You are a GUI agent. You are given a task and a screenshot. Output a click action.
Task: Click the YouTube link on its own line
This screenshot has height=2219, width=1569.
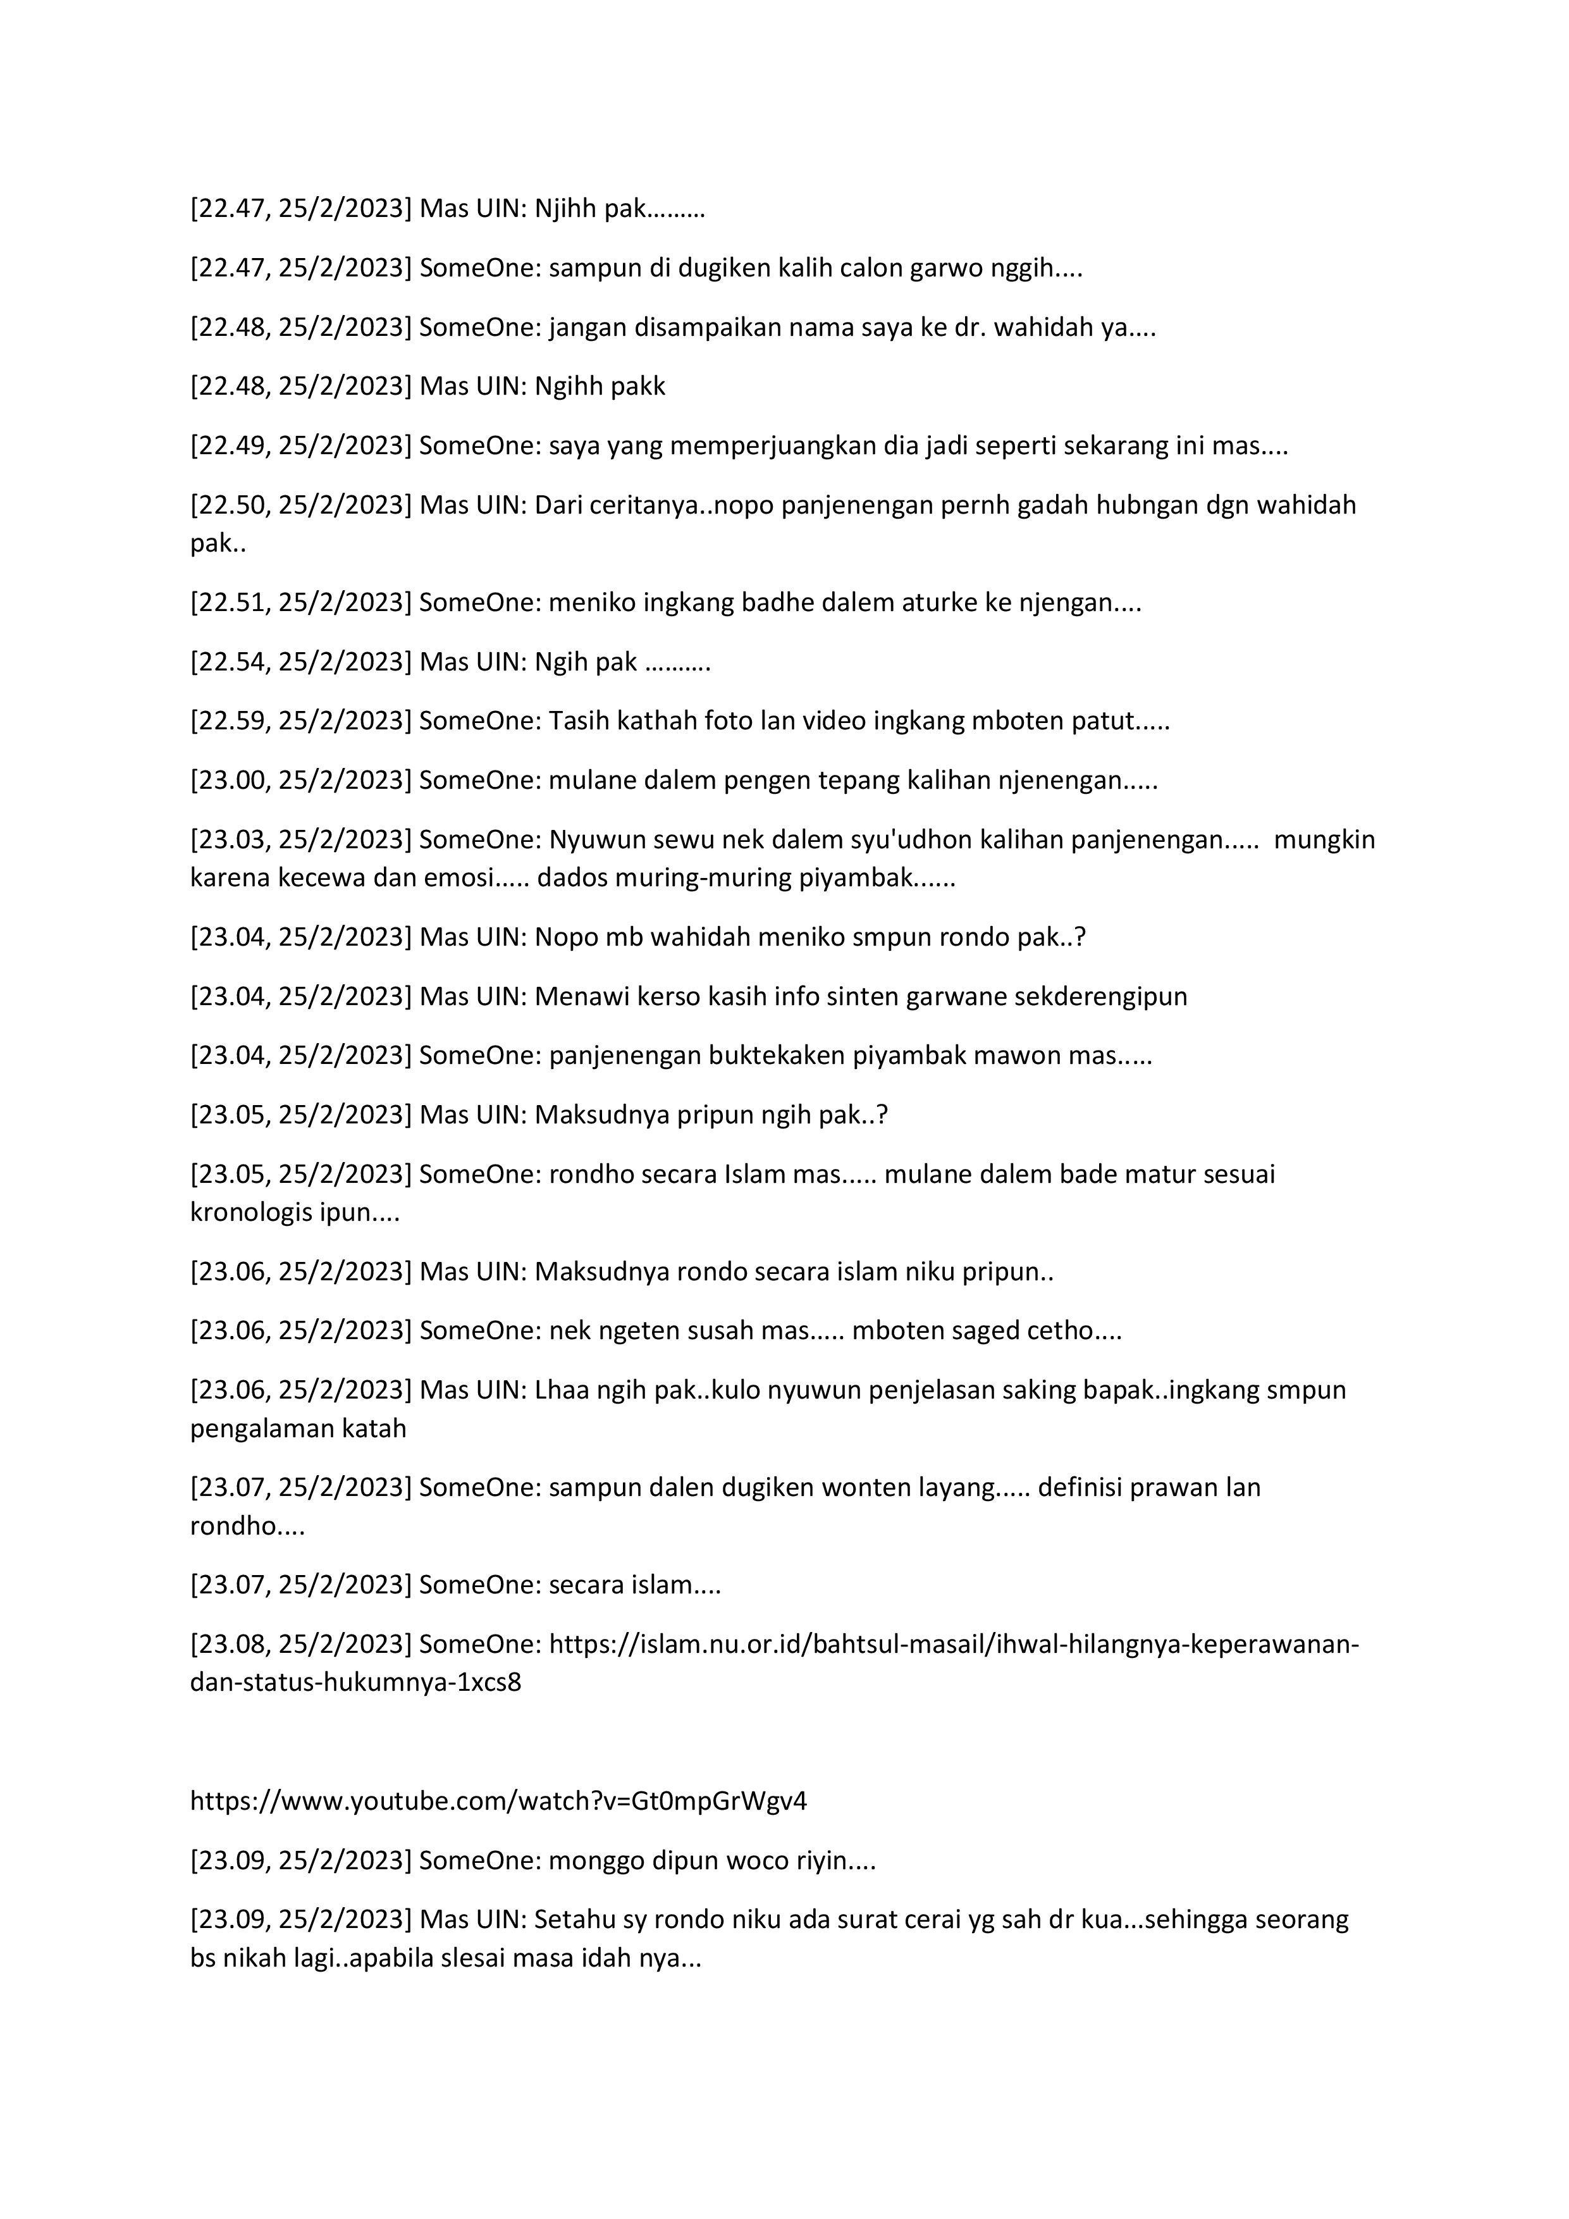click(x=498, y=1800)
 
